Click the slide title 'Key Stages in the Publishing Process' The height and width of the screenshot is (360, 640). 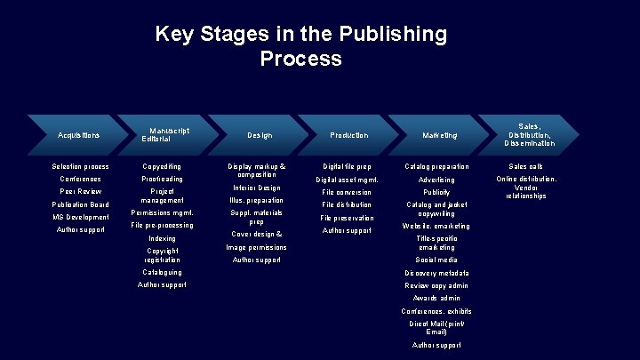pos(300,46)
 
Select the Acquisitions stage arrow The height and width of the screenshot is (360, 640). pos(79,135)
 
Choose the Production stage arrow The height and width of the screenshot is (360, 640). pos(348,135)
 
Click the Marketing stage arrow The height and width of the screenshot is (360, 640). pos(440,135)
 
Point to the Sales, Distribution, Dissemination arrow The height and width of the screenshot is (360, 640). pos(530,135)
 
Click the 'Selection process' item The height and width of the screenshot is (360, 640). pos(80,166)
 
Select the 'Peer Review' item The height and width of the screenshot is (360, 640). pos(80,191)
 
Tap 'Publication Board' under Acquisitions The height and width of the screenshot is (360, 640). pos(80,204)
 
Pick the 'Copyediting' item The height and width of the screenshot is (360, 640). pos(162,166)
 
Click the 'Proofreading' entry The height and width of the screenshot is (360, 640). pos(162,179)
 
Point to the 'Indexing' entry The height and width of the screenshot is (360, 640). pos(162,238)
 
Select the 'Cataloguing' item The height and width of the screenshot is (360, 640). pos(162,272)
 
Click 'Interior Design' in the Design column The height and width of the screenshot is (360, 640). pos(256,188)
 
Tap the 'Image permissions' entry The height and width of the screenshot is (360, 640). pos(256,247)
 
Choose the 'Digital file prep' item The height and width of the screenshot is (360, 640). pos(347,166)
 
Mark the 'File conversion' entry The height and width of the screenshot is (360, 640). pos(347,192)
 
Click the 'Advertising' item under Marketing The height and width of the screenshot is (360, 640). pos(436,180)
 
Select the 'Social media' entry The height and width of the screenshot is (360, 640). pos(436,260)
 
